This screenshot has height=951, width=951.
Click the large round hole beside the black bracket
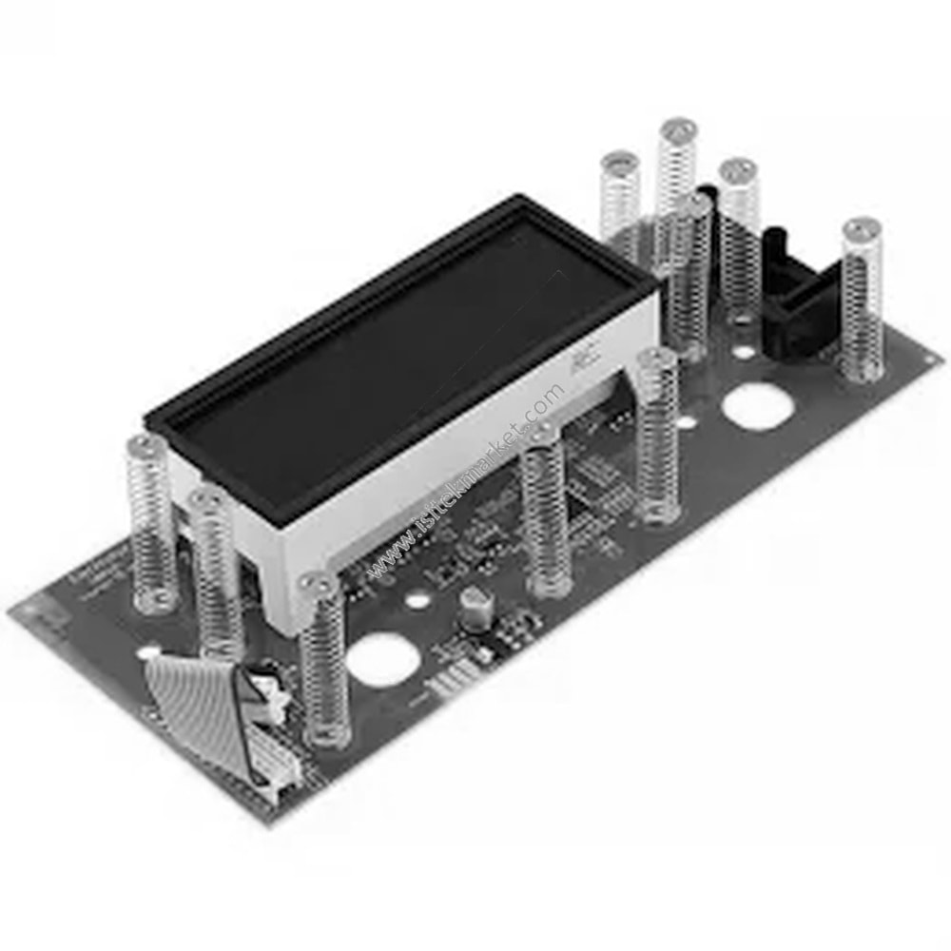click(757, 407)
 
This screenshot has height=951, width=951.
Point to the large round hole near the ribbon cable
click(378, 656)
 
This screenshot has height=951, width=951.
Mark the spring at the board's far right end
click(861, 300)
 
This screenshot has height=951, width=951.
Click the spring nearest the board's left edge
click(152, 523)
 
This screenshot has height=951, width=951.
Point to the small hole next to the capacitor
click(417, 601)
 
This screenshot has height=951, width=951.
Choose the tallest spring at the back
click(677, 190)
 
